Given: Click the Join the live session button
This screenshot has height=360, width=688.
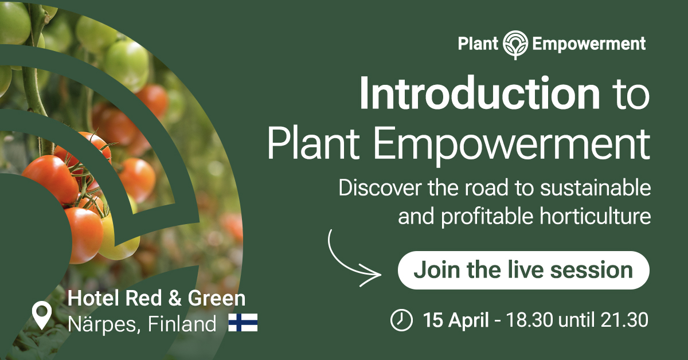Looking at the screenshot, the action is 523,271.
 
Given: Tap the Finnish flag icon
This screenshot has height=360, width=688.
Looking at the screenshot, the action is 243,323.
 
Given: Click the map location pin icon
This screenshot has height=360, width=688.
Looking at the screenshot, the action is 42,315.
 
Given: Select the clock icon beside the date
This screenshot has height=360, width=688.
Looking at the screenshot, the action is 401,320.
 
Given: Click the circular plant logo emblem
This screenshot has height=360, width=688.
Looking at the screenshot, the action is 515,45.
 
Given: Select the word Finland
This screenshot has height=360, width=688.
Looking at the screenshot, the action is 182,324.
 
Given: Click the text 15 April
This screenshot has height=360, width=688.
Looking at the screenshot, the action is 456,320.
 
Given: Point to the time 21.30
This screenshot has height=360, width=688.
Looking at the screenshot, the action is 624,320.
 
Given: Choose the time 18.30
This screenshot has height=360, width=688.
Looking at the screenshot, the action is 530,320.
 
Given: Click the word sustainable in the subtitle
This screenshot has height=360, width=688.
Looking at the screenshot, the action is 595,188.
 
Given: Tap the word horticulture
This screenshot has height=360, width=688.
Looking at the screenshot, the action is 595,216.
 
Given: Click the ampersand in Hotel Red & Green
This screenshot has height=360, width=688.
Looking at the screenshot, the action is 175,298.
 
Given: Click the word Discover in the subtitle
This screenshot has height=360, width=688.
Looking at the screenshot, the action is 380,188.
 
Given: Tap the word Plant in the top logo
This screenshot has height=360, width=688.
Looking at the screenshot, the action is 478,44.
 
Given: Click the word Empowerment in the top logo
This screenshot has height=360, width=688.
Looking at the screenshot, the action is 589,45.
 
